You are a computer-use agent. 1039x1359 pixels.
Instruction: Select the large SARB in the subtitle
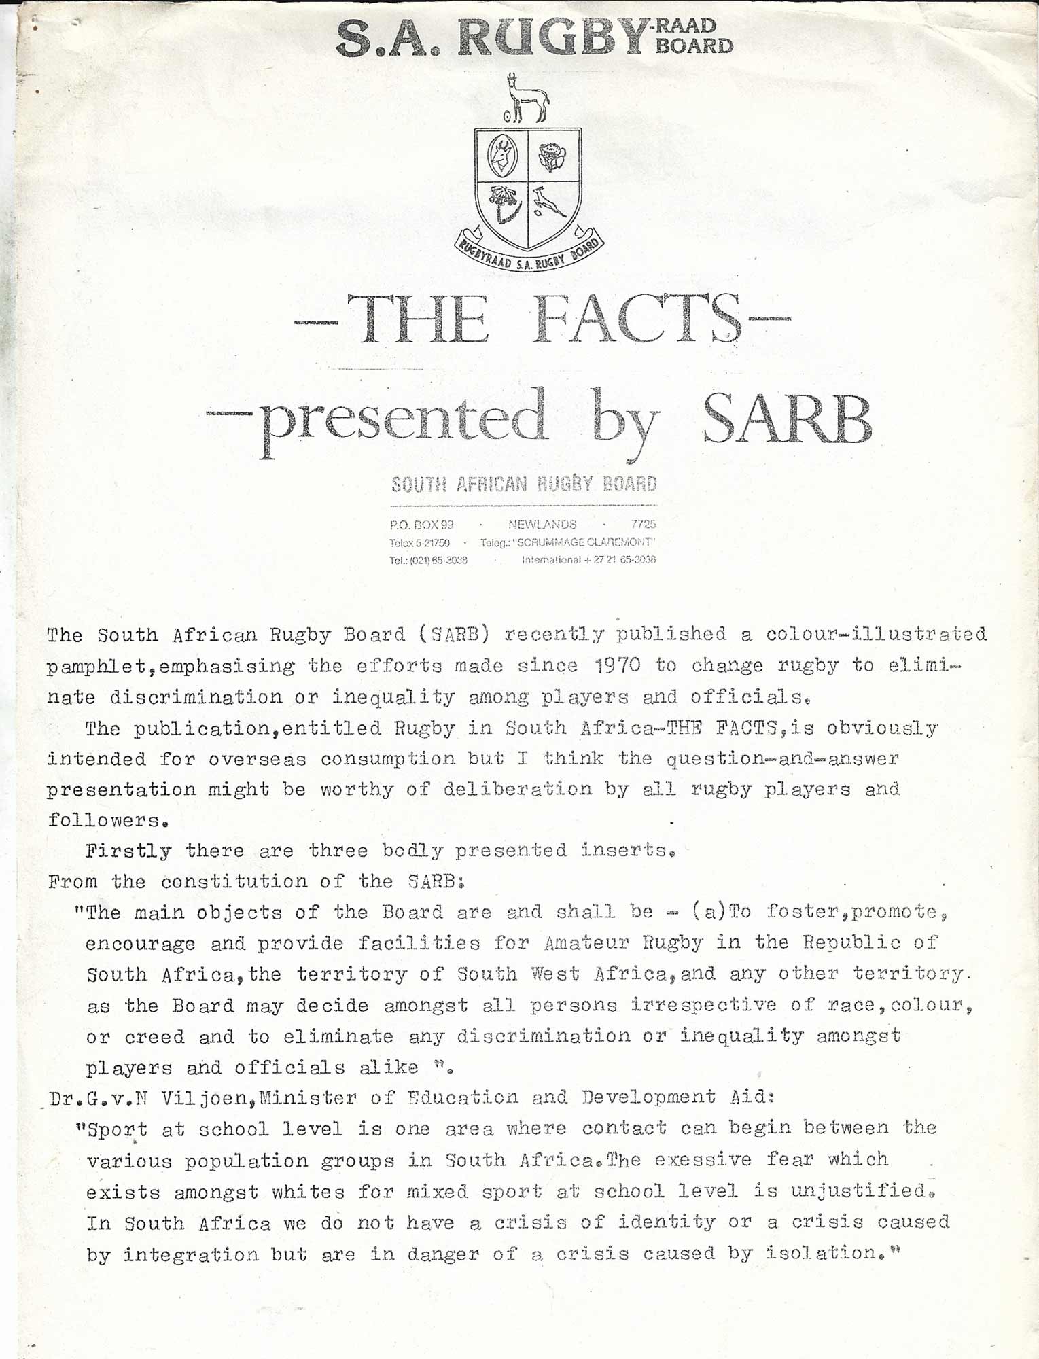tap(786, 419)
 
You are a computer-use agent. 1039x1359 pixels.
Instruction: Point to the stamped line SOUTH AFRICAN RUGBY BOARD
tap(524, 484)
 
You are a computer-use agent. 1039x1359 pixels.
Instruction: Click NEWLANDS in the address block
tap(542, 525)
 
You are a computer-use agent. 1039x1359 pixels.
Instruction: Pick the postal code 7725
tap(643, 525)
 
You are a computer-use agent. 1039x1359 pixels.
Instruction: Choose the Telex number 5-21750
tap(428, 543)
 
